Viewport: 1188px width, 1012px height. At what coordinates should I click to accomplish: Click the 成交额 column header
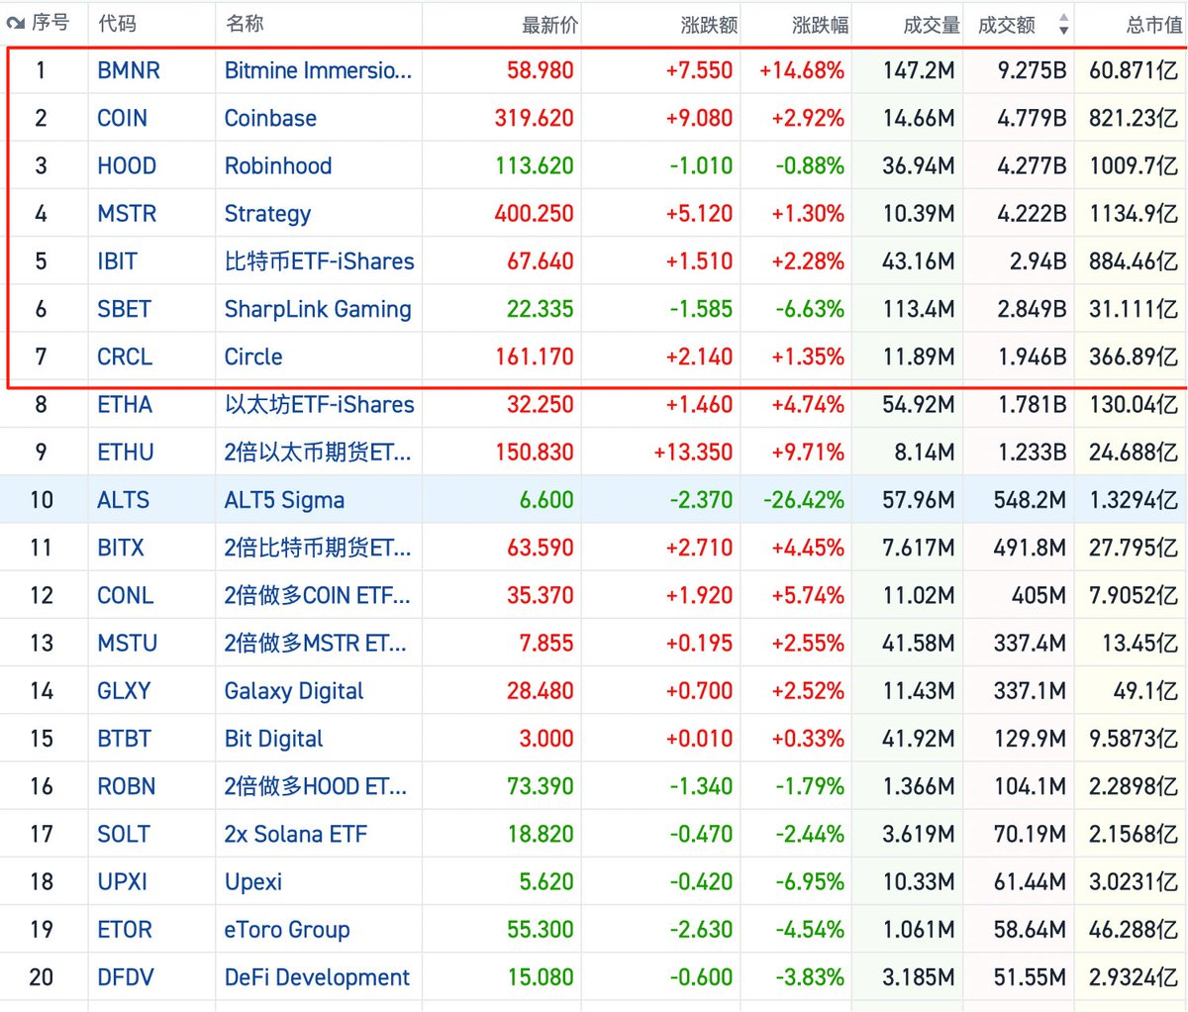coord(1006,25)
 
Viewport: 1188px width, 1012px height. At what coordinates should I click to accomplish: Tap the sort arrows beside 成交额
coord(1063,25)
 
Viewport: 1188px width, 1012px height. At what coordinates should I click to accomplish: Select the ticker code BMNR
coord(129,70)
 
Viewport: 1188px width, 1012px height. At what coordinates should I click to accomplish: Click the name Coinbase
coord(270,118)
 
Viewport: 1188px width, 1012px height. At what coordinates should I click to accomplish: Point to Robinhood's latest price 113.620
coord(535,165)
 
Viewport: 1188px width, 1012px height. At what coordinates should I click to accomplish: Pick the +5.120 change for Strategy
coord(700,214)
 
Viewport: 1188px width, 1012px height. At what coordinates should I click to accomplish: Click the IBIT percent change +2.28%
coord(803,261)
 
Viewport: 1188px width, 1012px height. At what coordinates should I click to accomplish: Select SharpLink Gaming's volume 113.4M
coord(919,309)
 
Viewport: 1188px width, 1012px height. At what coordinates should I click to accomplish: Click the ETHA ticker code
coord(125,404)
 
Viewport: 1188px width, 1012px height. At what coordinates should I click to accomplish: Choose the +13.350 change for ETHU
coord(693,453)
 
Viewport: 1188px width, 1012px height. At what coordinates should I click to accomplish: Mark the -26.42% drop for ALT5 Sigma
coord(803,500)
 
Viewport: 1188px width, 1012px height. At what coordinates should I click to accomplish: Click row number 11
coord(42,548)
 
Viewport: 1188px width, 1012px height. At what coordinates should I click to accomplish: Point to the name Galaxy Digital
coord(294,691)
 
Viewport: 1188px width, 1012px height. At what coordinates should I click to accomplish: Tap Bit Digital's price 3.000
coord(546,739)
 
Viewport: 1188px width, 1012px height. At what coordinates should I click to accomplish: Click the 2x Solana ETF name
coord(295,834)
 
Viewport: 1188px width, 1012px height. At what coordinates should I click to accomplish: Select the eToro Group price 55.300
coord(541,930)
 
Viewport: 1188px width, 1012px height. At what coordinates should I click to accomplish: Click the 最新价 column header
coord(549,25)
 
